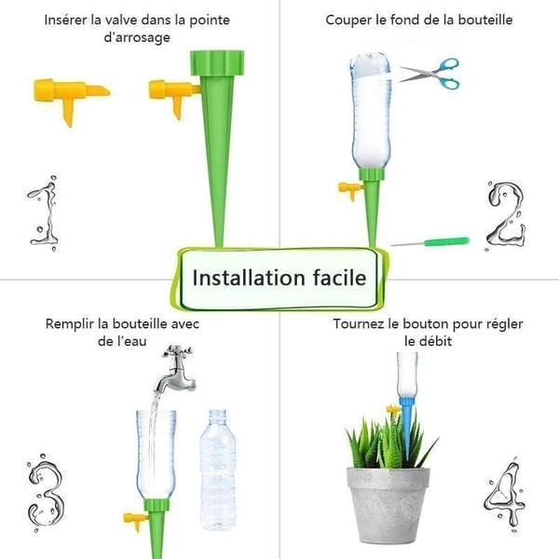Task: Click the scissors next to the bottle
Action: click(x=431, y=72)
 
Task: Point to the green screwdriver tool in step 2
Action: click(x=429, y=242)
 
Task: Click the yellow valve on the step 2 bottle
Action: click(x=350, y=190)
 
